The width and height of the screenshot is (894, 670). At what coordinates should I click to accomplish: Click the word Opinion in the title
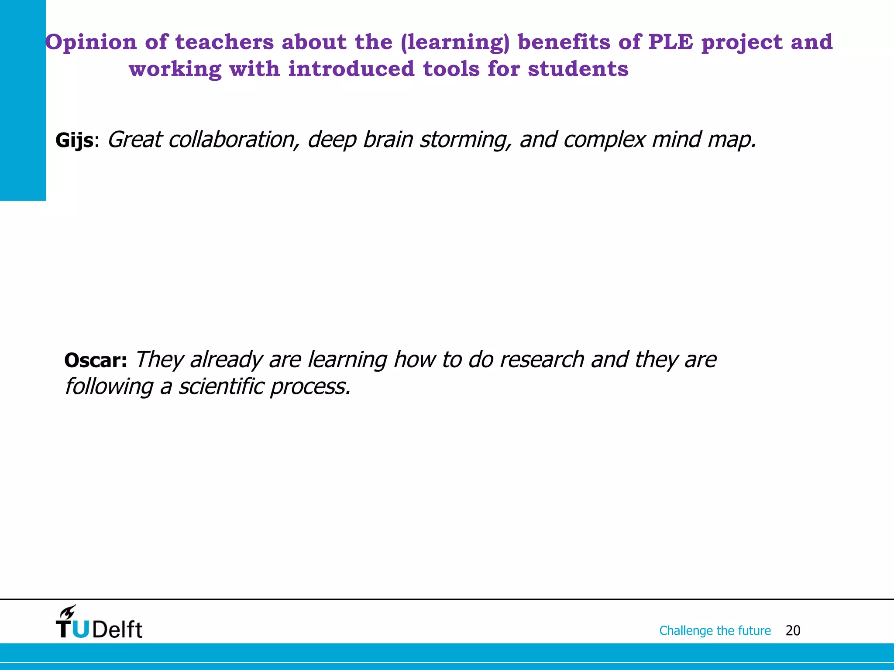click(91, 43)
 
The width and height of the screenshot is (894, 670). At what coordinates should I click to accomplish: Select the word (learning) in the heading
click(455, 43)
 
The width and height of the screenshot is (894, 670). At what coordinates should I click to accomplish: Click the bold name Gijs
click(74, 141)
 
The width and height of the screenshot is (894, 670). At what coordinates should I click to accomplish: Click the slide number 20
click(793, 631)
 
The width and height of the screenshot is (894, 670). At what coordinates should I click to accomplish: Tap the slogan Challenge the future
click(715, 631)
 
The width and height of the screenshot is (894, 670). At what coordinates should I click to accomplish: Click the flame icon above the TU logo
click(69, 612)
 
